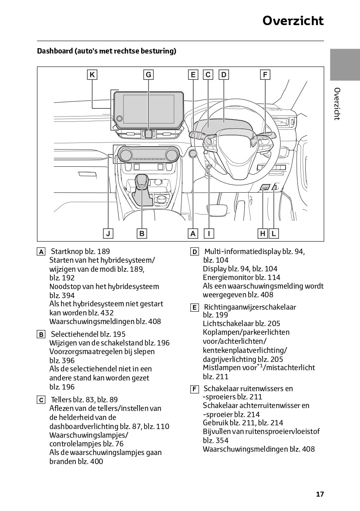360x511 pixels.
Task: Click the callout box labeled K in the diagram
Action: (92, 75)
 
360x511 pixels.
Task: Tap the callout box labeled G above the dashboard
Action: (149, 75)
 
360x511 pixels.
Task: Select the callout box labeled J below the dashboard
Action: (108, 233)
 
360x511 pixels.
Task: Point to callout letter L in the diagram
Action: (274, 233)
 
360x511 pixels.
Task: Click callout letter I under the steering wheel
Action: (209, 233)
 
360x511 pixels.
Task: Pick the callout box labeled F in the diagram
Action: (265, 75)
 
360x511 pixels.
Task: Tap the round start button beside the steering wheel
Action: (193, 154)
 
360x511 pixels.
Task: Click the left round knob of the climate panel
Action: (125, 155)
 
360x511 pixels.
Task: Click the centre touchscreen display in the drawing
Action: (149, 109)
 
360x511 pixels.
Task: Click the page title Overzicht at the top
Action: (293, 21)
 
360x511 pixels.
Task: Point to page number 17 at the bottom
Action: (320, 494)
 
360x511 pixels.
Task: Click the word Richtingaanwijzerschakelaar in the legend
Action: (250, 307)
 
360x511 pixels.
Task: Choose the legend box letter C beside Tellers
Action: (41, 400)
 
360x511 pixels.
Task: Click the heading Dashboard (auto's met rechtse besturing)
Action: (107, 51)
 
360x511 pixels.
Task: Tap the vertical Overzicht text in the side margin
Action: (337, 104)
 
